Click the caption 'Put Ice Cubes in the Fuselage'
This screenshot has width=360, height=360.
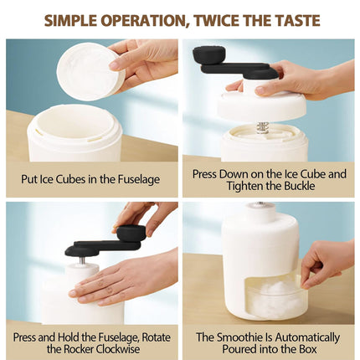click(x=91, y=179)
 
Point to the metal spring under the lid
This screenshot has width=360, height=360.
click(x=262, y=126)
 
